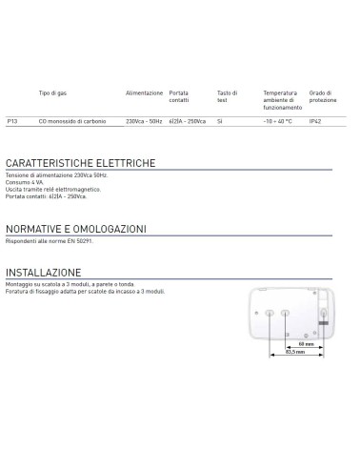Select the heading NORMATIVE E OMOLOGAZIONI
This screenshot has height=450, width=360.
click(x=76, y=229)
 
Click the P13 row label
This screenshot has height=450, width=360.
click(x=12, y=121)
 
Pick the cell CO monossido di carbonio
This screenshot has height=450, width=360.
click(x=70, y=121)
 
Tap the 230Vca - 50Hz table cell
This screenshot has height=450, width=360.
click(x=144, y=121)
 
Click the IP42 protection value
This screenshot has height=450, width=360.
click(x=316, y=121)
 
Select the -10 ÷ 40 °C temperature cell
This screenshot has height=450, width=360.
click(x=276, y=121)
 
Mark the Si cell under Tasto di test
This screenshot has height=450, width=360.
click(x=220, y=121)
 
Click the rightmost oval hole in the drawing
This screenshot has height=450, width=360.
click(x=324, y=311)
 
